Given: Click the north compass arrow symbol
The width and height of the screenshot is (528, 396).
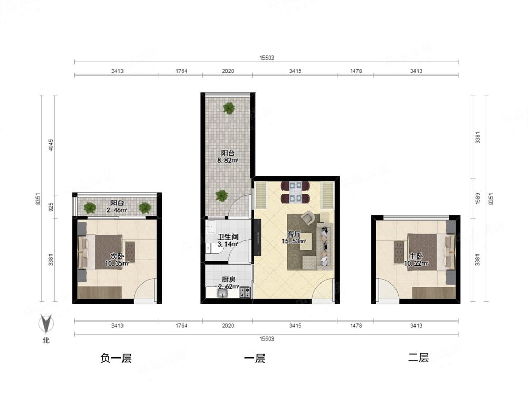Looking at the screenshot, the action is coord(46,324).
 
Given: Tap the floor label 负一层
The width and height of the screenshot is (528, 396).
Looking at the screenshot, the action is coord(116,358).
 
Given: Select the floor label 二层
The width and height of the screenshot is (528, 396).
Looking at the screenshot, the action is coord(418,357).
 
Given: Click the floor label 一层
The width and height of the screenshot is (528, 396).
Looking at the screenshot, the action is coord(254,358).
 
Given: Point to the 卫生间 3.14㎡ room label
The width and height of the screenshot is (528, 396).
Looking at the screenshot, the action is coord(228,240).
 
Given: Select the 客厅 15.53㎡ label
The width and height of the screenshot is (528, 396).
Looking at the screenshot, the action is coord(294,238).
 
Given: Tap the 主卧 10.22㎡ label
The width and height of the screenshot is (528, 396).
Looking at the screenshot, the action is coord(416,260).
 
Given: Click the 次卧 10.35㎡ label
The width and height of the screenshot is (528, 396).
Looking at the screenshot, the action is coord(117,260).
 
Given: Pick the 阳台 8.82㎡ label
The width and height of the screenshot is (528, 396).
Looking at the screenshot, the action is coord(228,157).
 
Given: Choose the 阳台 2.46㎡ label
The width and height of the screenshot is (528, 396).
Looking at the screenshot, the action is coord(117,206).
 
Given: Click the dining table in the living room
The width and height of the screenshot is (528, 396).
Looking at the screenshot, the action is coord(295,192).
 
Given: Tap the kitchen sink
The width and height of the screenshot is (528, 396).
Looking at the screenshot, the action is coord(223,294).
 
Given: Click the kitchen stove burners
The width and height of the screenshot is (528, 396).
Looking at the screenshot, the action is coord(245,293).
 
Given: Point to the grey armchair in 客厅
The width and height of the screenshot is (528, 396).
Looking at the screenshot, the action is coord(308,218).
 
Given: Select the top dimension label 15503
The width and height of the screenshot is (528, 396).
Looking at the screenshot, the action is coord(267,58).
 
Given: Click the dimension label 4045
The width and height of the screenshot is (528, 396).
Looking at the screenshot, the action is coord(51,145).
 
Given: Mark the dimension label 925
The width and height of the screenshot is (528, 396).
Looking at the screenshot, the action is coord(51,206).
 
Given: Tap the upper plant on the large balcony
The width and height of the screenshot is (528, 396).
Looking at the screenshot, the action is coord(229,108).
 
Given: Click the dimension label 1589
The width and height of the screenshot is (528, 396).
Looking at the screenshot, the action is coord(478,199).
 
